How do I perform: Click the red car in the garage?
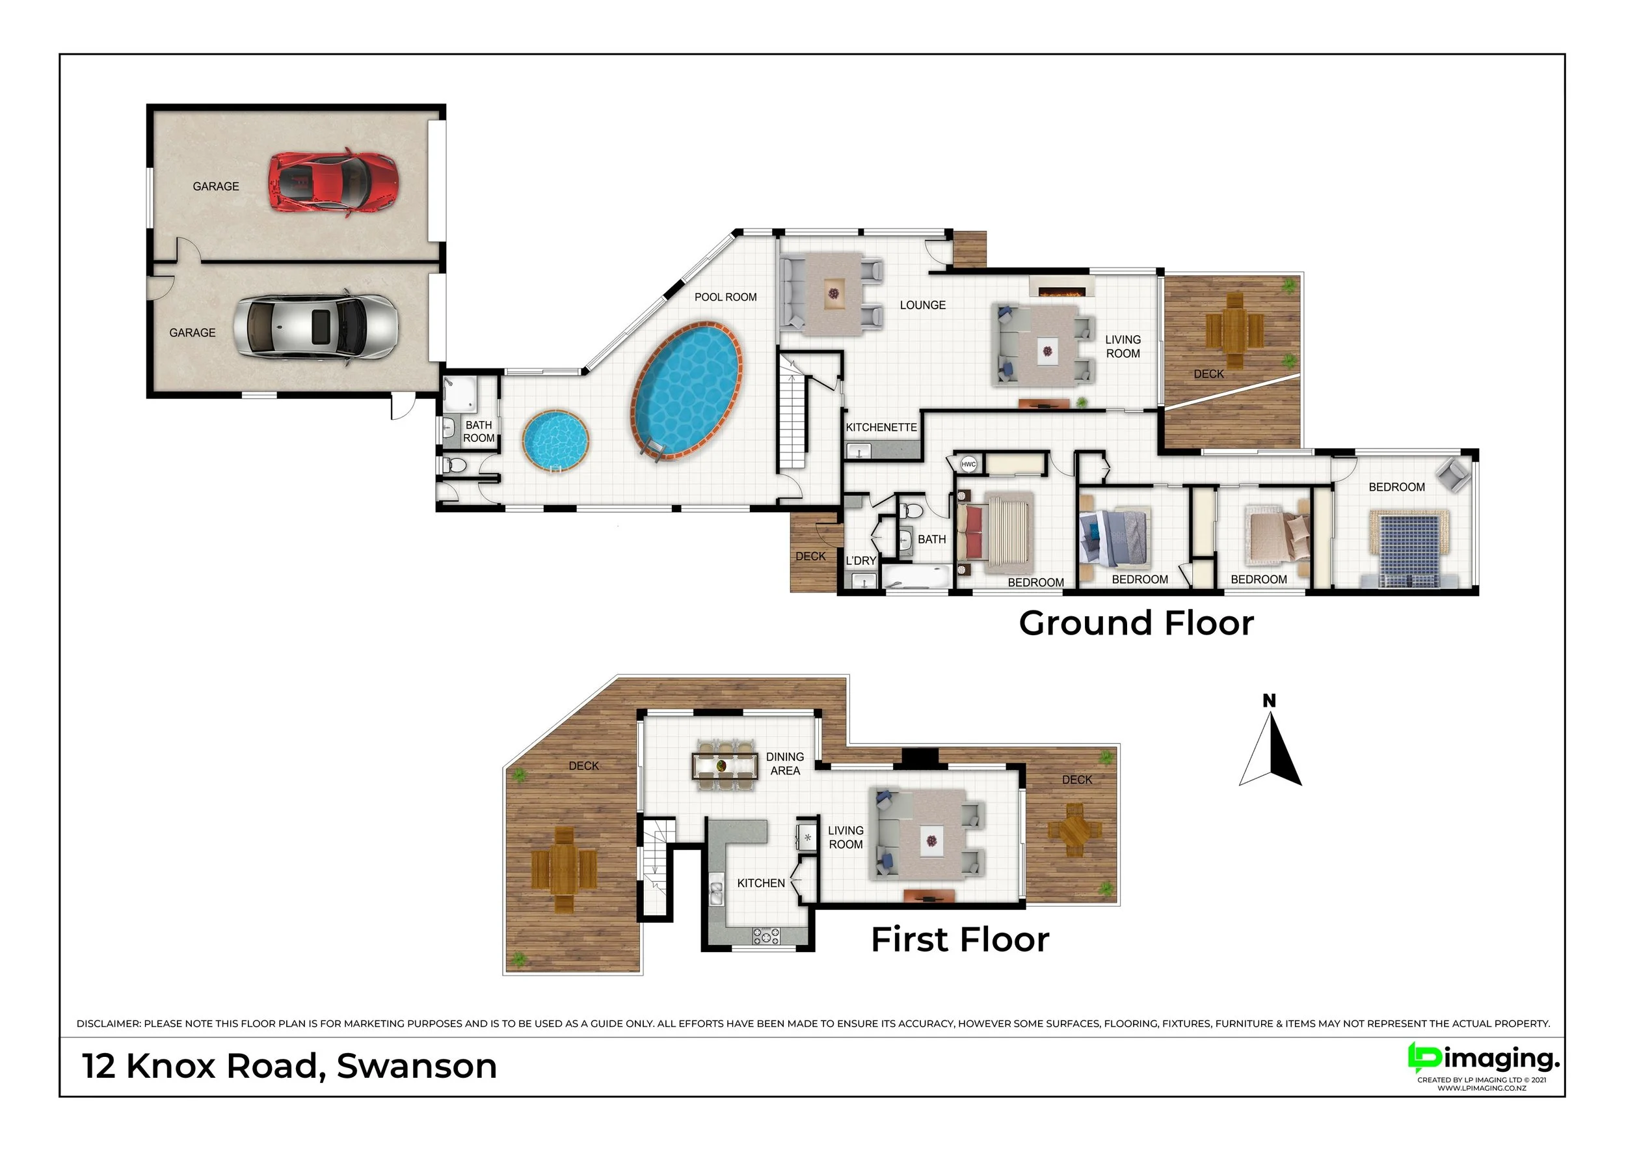coord(333,182)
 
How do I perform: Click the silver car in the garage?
coord(316,327)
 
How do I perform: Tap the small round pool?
coord(555,440)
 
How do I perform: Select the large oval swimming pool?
coord(686,391)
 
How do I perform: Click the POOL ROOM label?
coord(725,297)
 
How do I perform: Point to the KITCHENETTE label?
coord(881,428)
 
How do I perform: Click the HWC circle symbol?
coord(968,465)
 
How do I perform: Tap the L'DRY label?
coord(860,560)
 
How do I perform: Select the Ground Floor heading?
coord(1136,623)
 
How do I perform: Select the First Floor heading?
coord(959,940)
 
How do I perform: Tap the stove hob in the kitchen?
coord(766,936)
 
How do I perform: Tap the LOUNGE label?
coord(922,305)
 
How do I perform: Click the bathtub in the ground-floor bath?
coord(916,577)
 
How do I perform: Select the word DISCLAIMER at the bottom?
coord(109,1024)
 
